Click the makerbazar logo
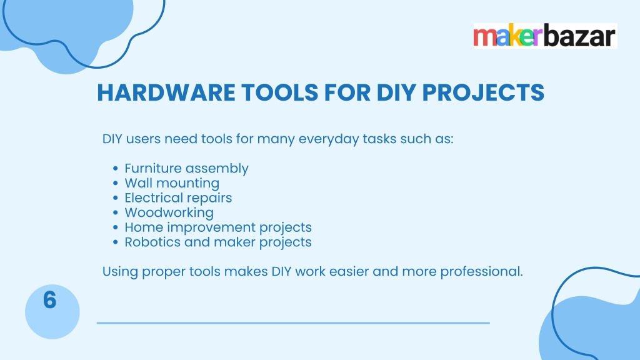click(x=545, y=36)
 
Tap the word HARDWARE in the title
click(x=166, y=92)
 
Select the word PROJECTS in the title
click(x=483, y=92)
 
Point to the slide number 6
click(x=50, y=300)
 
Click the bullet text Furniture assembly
click(x=186, y=169)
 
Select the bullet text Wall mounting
click(x=172, y=183)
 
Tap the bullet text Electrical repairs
click(x=178, y=198)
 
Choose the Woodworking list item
click(x=169, y=212)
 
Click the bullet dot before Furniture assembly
click(x=116, y=169)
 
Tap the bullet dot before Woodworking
click(x=116, y=212)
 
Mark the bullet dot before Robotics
click(x=116, y=242)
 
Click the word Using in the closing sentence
click(x=120, y=272)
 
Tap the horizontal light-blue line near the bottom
click(x=293, y=323)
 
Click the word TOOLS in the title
click(x=279, y=92)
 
